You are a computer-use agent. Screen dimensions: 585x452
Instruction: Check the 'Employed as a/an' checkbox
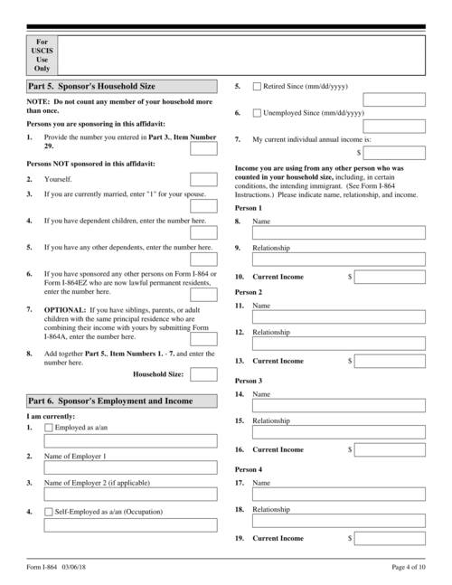[x=49, y=427]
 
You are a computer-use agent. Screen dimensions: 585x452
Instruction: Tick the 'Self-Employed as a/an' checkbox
[x=49, y=511]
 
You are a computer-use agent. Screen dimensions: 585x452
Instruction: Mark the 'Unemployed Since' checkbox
[x=257, y=113]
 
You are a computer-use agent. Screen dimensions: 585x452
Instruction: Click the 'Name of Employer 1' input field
[x=130, y=468]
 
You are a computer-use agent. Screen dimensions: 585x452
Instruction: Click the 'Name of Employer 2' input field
[x=130, y=495]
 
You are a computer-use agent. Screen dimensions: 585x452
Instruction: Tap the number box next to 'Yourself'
[x=203, y=179]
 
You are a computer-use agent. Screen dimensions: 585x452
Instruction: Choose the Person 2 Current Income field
[x=390, y=361]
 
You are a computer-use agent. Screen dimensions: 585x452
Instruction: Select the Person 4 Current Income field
[x=390, y=538]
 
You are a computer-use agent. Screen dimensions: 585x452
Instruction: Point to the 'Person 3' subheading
[x=248, y=382]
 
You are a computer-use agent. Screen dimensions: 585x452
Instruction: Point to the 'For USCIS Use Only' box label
[x=42, y=54]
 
